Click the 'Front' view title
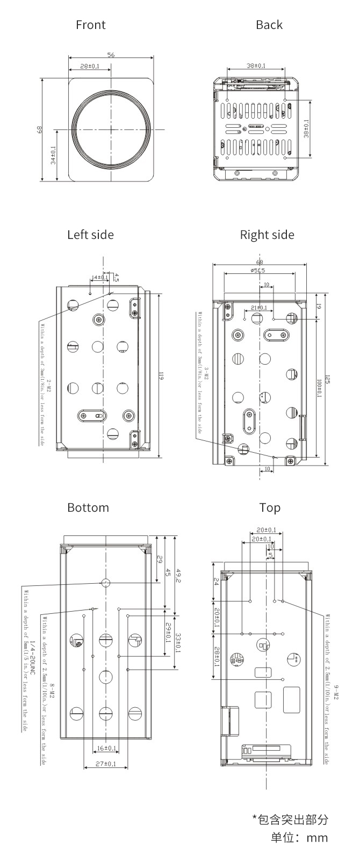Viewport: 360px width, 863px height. point(91,25)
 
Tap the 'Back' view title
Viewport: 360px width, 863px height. point(269,25)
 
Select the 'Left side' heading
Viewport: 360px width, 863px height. point(90,235)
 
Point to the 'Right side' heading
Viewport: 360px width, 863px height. point(267,235)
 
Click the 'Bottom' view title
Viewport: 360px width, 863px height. point(88,507)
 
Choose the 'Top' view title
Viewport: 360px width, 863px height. point(270,507)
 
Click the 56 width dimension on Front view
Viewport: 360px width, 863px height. point(111,55)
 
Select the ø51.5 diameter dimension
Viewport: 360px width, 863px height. point(258,271)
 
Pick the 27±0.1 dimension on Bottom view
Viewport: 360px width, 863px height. point(106,764)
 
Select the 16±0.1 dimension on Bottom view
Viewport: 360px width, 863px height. point(107,748)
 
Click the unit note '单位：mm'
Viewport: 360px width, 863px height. point(299,838)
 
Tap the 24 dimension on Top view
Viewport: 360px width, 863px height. point(217,581)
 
